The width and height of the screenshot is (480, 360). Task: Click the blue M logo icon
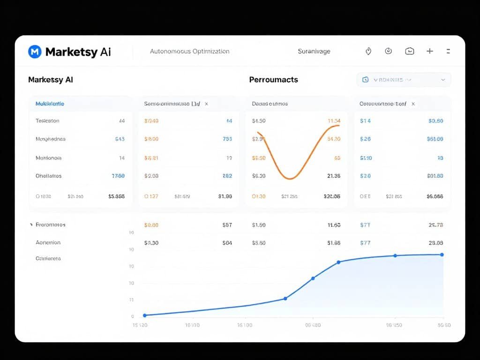[35, 52]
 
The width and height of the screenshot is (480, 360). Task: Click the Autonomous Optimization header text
[189, 51]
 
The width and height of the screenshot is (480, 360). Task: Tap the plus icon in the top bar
[429, 51]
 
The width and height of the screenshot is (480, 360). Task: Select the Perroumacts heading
[273, 80]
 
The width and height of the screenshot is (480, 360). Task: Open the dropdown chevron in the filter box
[443, 80]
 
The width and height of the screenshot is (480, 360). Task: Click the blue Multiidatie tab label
[50, 104]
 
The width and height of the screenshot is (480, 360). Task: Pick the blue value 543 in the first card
[120, 139]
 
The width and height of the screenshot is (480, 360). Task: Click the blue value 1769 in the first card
[118, 176]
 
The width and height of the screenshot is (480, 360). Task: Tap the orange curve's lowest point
[290, 179]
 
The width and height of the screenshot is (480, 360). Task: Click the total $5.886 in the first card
[116, 196]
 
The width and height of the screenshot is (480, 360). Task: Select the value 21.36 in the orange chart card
[333, 176]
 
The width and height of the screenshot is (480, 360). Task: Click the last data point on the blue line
[442, 255]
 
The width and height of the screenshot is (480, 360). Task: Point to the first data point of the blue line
[144, 315]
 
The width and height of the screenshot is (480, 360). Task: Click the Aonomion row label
[48, 243]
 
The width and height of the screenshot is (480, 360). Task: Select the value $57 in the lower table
[227, 225]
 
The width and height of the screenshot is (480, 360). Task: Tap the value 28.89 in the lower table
[436, 243]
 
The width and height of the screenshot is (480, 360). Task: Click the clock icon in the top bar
[388, 51]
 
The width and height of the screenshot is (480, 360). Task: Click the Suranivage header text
[314, 51]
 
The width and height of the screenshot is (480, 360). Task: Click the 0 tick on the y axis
[132, 316]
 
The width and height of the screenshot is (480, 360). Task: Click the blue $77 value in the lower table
[365, 243]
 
